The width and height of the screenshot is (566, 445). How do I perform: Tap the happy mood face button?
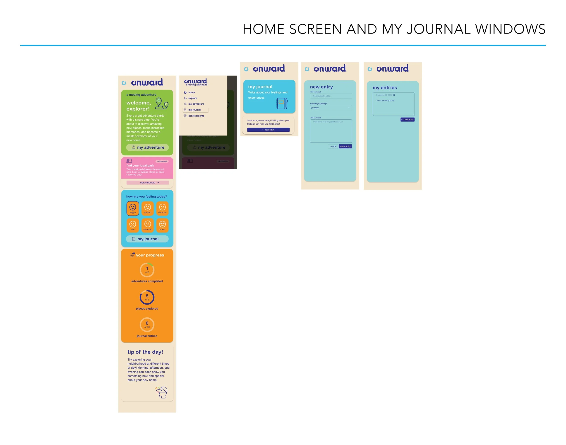(x=132, y=208)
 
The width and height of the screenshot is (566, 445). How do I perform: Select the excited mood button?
(x=147, y=208)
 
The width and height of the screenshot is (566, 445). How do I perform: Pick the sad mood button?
(x=132, y=225)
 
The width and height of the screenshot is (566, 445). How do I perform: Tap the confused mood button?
(x=147, y=225)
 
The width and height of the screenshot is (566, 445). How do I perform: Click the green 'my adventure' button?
(x=147, y=148)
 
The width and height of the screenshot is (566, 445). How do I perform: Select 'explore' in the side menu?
(x=192, y=98)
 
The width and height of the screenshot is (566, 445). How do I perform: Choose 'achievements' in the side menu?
(x=196, y=116)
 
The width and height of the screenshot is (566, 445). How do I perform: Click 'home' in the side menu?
(x=191, y=92)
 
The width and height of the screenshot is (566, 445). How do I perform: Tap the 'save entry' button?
(x=345, y=146)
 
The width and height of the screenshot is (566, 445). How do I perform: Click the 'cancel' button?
(x=333, y=146)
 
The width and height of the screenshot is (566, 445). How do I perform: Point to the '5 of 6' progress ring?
(x=147, y=297)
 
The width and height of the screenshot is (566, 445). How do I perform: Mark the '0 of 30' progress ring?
(x=147, y=325)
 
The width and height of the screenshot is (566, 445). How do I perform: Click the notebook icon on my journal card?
(x=282, y=104)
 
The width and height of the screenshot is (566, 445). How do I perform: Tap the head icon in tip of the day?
(x=162, y=393)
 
